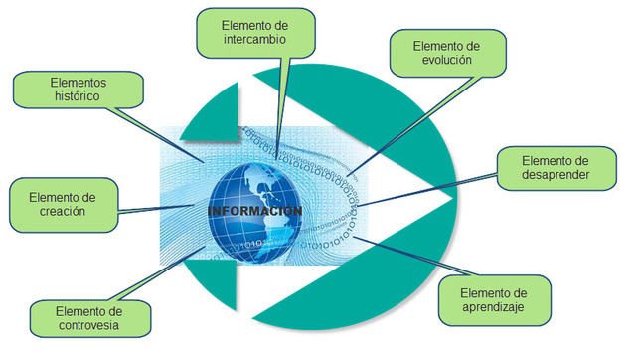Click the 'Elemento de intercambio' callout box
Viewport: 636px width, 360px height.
pyautogui.click(x=256, y=32)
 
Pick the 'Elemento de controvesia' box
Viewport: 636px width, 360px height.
pyautogui.click(x=90, y=315)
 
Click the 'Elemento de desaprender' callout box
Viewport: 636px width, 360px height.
pyautogui.click(x=556, y=168)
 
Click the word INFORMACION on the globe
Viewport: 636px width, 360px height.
pyautogui.click(x=254, y=213)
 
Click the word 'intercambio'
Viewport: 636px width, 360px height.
pyautogui.click(x=256, y=40)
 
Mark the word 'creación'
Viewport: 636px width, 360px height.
pyautogui.click(x=62, y=211)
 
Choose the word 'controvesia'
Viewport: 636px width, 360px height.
pyautogui.click(x=90, y=324)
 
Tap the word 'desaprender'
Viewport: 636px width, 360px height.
pyautogui.click(x=556, y=177)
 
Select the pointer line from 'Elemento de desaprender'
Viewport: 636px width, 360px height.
pyautogui.click(x=427, y=189)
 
